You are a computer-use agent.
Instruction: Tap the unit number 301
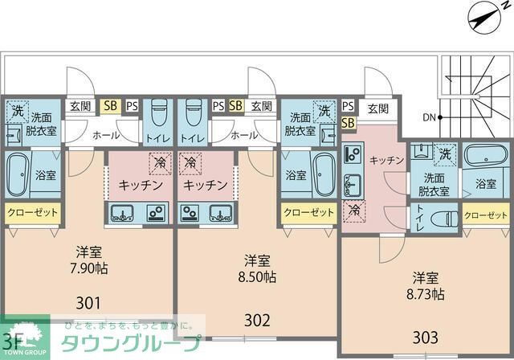[x=89, y=303]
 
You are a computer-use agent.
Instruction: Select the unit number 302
[x=257, y=321]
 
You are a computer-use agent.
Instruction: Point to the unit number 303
[x=426, y=334]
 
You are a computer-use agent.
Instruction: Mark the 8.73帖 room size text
[x=426, y=295]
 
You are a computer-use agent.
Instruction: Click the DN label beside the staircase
[x=430, y=117]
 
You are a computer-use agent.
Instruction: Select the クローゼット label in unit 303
[x=486, y=215]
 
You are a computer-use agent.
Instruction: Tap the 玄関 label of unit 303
[x=377, y=107]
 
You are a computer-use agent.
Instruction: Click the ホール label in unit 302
[x=245, y=136]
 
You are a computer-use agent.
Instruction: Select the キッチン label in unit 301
[x=141, y=185]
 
